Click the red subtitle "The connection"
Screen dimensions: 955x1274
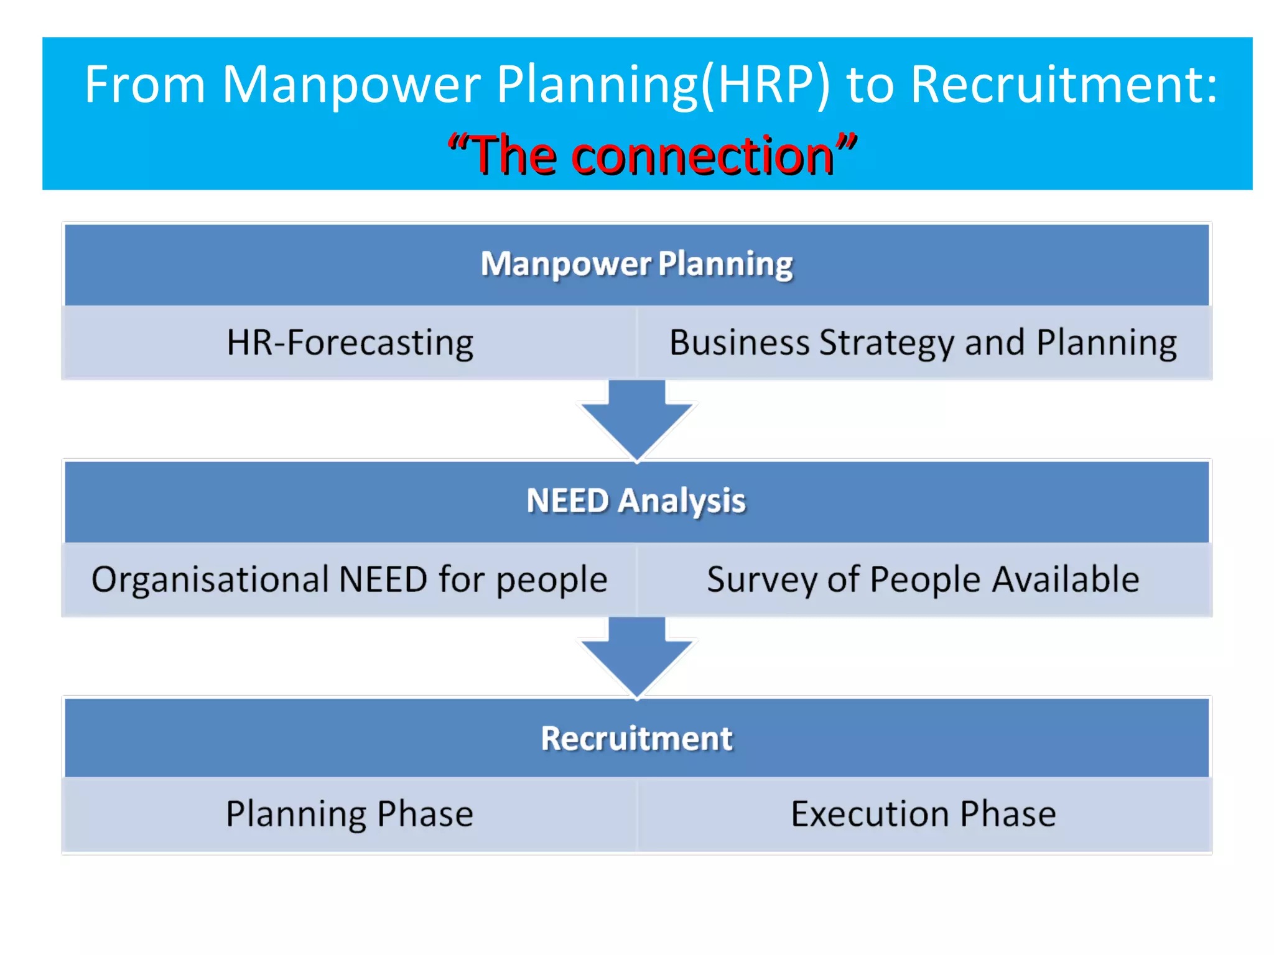(652, 155)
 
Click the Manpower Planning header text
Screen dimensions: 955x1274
(636, 264)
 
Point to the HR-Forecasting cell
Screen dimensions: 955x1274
(350, 343)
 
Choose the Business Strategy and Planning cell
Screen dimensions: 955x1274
(923, 343)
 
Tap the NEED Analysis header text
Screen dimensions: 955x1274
(636, 501)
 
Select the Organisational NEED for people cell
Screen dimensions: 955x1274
(350, 579)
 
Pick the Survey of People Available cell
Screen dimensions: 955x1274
(923, 579)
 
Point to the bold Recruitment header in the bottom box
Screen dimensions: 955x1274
(636, 738)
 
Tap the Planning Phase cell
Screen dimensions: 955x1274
(350, 814)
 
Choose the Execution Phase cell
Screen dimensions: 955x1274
(923, 814)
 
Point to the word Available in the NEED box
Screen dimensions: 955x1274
(1065, 579)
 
